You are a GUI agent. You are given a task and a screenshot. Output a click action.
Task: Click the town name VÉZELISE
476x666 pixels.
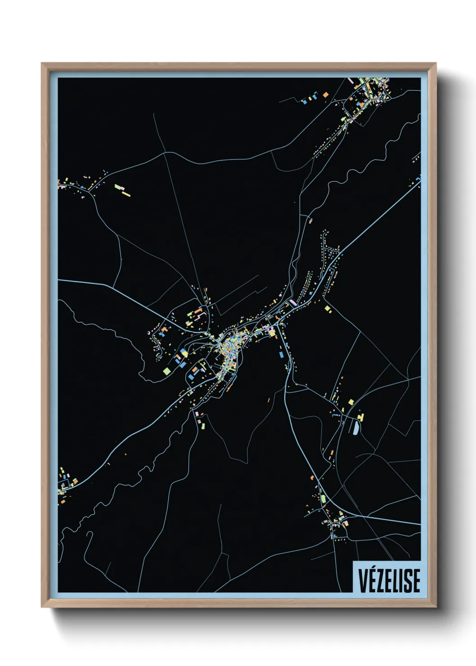[x=389, y=580]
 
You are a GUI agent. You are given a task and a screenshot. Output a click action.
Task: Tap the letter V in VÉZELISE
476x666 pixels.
[x=363, y=580]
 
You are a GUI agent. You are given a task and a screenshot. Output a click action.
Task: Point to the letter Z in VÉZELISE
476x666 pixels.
[x=381, y=580]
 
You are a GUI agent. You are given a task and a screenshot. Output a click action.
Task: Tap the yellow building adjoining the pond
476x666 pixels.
[x=361, y=418]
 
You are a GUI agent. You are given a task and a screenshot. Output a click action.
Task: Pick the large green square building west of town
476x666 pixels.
[x=166, y=371]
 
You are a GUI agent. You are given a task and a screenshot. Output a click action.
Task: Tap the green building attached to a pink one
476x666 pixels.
[x=118, y=186]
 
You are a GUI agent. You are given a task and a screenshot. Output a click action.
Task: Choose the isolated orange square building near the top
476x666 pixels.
[x=326, y=95]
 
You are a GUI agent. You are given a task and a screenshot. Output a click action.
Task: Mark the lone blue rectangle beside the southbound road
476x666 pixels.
[x=281, y=355]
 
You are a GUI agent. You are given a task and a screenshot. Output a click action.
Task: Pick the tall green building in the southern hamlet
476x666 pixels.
[x=323, y=499]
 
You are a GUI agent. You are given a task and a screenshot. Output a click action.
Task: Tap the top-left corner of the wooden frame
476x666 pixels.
[x=42, y=63]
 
